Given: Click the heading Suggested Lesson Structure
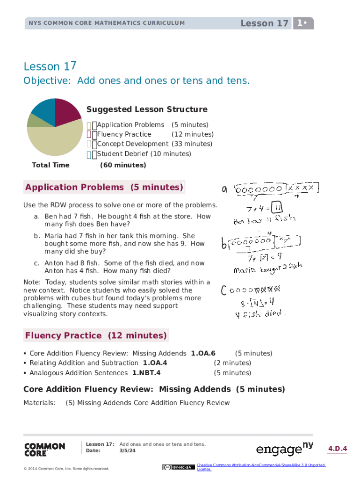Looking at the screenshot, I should pyautogui.click(x=147, y=109).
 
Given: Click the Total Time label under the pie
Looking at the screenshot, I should pyautogui.click(x=50, y=165).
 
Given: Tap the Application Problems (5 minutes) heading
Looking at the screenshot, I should pyautogui.click(x=104, y=188).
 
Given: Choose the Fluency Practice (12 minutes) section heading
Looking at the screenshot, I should pyautogui.click(x=96, y=335).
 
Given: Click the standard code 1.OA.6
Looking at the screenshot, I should pyautogui.click(x=203, y=354).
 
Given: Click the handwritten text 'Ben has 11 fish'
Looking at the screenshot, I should pyautogui.click(x=265, y=219).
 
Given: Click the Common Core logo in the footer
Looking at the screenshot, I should pyautogui.click(x=44, y=450).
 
